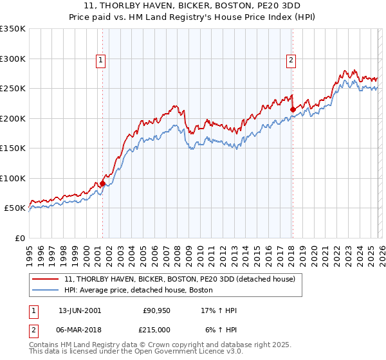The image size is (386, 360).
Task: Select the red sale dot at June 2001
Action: click(x=102, y=183)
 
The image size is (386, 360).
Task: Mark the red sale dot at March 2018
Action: click(x=292, y=109)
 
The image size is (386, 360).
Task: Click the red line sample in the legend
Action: click(x=45, y=280)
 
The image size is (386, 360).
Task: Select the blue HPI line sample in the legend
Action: click(x=45, y=291)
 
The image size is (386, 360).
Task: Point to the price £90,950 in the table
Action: click(x=155, y=310)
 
